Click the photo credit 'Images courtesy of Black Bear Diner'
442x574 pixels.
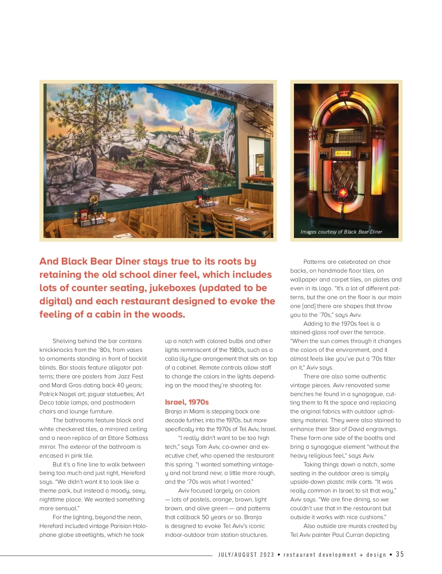341,232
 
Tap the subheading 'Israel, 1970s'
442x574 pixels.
187,402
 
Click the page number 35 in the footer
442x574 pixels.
400,554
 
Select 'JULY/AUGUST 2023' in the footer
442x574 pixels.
246,554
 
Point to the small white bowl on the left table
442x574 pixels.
111,220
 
